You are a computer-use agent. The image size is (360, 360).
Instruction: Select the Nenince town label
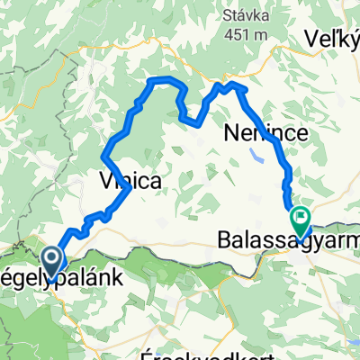(265, 134)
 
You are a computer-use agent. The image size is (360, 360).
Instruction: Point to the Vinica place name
(128, 181)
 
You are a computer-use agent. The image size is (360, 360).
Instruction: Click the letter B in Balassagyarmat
(225, 240)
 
